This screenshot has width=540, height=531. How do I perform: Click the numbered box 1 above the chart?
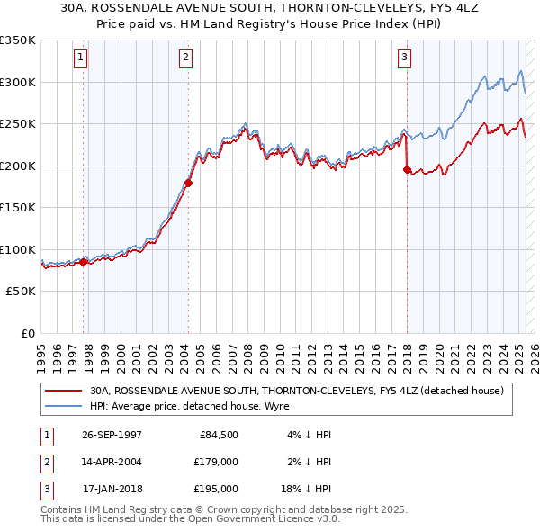(81, 58)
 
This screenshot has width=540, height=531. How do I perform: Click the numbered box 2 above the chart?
(185, 58)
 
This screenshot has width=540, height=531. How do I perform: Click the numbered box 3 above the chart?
(405, 58)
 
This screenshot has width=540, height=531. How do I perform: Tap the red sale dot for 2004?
(188, 183)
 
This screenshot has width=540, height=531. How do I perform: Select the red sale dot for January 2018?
(408, 169)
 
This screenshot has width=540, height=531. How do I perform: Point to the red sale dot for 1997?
(84, 262)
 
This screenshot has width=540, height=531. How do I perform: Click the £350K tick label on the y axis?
(19, 40)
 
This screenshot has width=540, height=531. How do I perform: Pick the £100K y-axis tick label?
(19, 249)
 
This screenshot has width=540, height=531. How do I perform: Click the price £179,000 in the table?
(217, 462)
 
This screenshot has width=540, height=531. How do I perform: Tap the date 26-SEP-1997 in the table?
(112, 435)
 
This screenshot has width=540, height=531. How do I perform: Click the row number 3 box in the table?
(46, 489)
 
